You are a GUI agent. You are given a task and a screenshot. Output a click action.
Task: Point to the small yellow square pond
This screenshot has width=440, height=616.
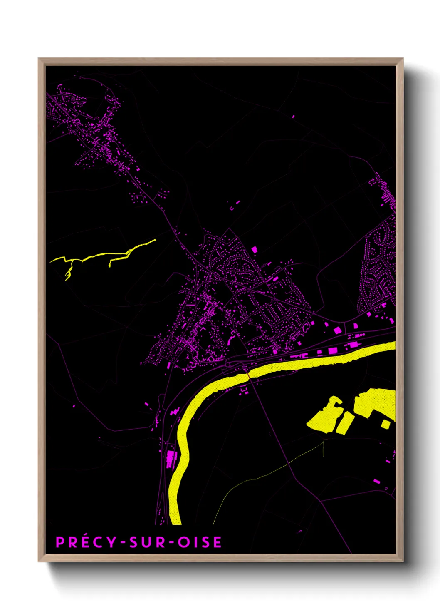(386, 424)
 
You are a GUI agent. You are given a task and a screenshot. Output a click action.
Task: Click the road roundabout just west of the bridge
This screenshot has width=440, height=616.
(228, 365)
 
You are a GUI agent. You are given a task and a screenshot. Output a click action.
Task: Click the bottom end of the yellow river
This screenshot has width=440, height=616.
(176, 520)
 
